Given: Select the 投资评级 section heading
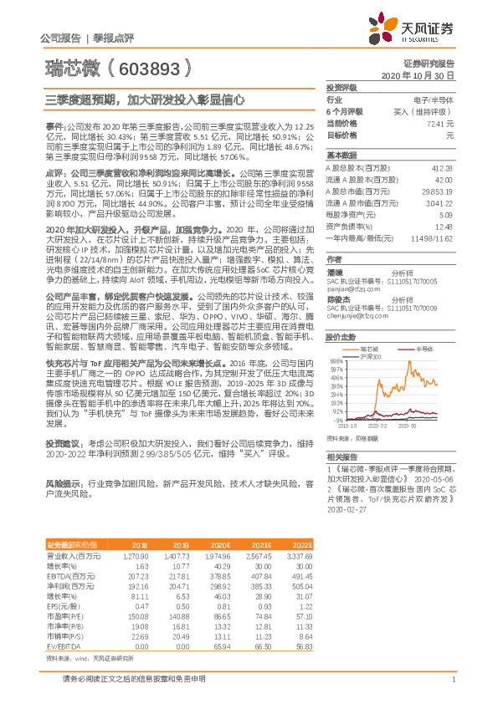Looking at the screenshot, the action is click(341, 87).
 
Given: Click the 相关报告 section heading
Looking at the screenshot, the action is click(341, 457).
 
